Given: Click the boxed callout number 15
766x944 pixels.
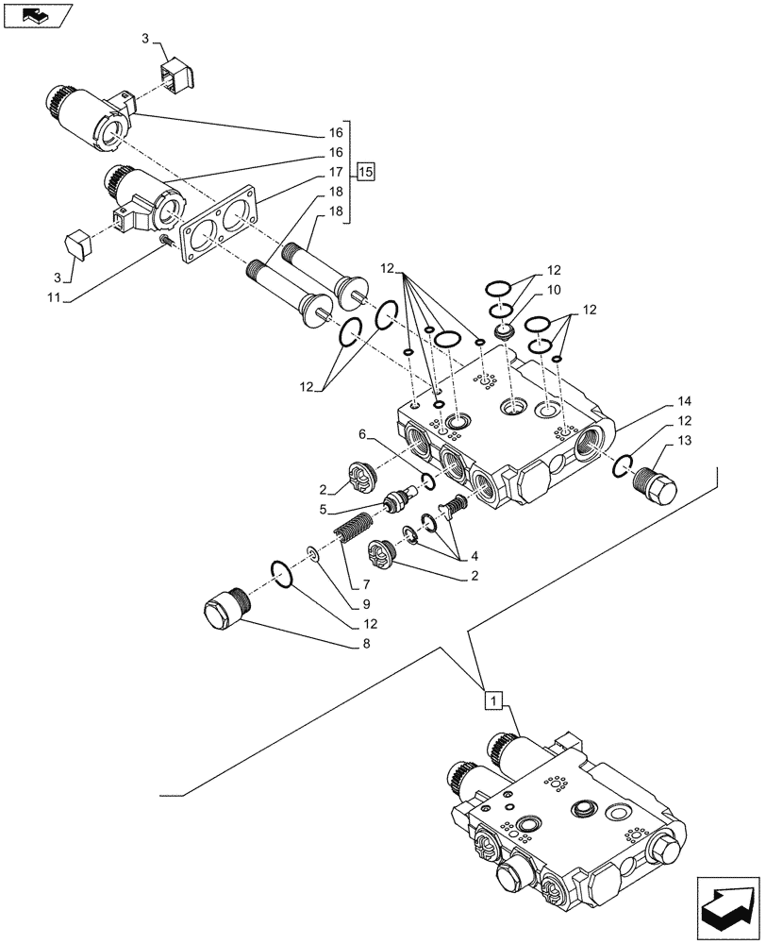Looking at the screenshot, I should (x=366, y=171).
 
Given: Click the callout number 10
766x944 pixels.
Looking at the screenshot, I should (x=553, y=289).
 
